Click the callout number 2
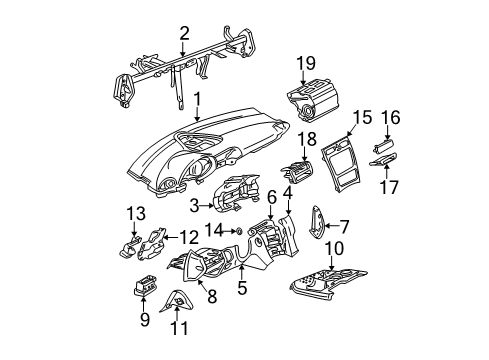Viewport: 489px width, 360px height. click(184, 33)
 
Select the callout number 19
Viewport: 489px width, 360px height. click(306, 63)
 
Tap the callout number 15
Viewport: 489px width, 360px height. click(362, 118)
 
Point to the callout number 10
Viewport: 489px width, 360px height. click(334, 248)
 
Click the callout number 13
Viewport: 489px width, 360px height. click(136, 213)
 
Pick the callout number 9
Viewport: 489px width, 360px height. click(145, 320)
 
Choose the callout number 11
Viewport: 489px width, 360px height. click(180, 328)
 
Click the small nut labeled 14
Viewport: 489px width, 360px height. click(239, 231)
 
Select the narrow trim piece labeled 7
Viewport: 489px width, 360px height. click(316, 222)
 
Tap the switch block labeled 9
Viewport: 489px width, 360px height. click(145, 286)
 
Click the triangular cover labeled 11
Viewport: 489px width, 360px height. click(177, 301)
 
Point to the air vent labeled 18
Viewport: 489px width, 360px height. click(296, 171)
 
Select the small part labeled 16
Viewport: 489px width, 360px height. click(383, 146)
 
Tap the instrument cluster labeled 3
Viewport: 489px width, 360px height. click(236, 193)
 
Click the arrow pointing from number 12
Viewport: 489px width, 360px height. click(171, 237)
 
